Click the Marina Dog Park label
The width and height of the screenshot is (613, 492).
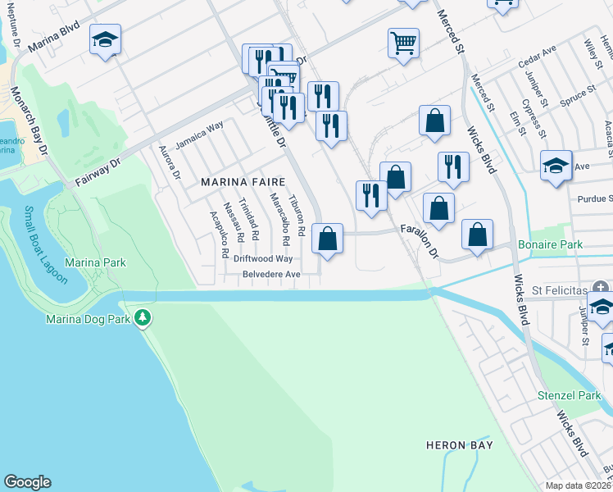(89, 318)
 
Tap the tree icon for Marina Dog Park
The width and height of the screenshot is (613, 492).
(143, 317)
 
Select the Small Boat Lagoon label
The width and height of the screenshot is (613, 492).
(46, 244)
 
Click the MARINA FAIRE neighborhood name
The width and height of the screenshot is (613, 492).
(243, 182)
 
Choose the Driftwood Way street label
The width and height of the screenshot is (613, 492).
(262, 258)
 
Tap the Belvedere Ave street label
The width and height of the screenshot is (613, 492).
(271, 274)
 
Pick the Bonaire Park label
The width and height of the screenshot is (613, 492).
(550, 244)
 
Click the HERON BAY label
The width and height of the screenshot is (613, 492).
(459, 445)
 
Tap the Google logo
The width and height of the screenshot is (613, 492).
(26, 482)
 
